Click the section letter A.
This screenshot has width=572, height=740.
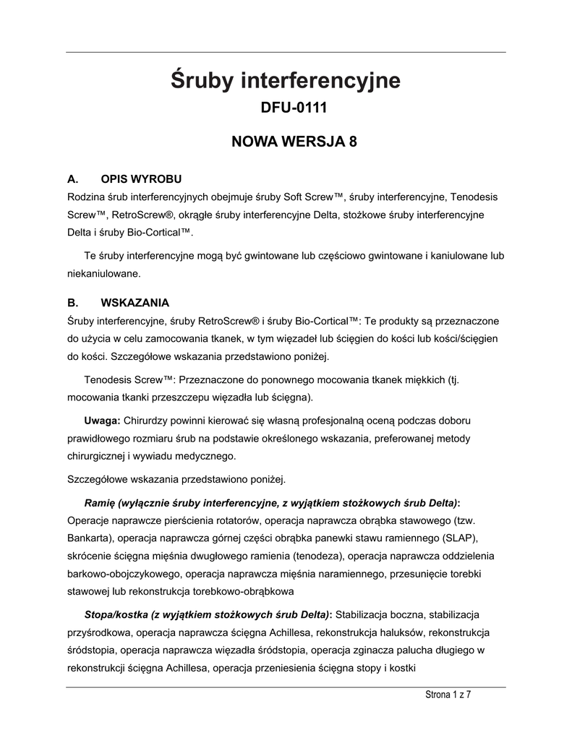click(72, 178)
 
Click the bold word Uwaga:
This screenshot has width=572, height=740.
click(103, 420)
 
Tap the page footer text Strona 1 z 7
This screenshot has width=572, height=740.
click(447, 694)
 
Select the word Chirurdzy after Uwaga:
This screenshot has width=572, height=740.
click(146, 420)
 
